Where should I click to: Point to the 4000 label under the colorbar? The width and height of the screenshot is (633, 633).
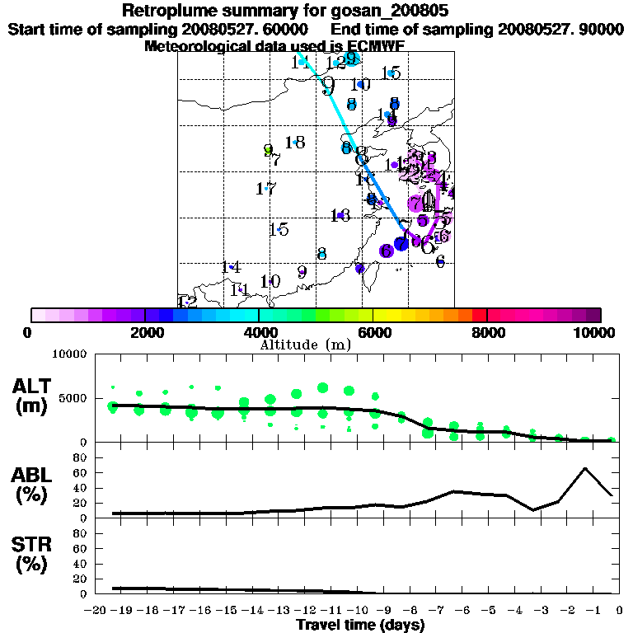[x=258, y=332]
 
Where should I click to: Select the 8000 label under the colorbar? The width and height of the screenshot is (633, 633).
[x=487, y=332]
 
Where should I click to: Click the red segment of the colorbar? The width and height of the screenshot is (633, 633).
[x=479, y=315]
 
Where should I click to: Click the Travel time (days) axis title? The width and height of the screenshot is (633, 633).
[x=360, y=626]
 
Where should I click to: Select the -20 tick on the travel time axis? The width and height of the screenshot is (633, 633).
[x=98, y=611]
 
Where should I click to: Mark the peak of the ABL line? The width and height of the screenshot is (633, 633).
[x=584, y=468]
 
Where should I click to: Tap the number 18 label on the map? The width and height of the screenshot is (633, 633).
[x=295, y=143]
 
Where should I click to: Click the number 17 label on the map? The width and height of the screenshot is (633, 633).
[x=265, y=189]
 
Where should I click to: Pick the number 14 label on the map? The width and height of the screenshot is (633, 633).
[x=231, y=267]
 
